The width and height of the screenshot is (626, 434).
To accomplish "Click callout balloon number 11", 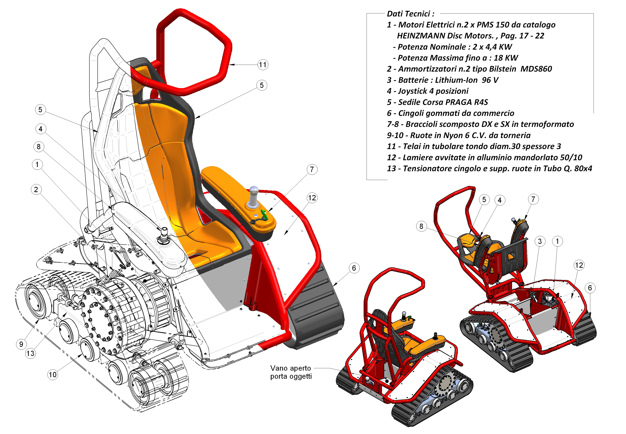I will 263,65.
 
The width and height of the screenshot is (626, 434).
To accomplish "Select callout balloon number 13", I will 30,353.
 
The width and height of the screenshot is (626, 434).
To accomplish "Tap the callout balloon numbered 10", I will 53,375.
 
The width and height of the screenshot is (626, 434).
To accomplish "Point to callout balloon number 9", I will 21,344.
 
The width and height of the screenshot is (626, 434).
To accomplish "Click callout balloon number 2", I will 36,190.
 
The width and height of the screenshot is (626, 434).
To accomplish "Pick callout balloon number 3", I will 540,241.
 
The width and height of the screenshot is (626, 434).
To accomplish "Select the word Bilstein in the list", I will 503,69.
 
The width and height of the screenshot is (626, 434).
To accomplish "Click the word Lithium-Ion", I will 456,80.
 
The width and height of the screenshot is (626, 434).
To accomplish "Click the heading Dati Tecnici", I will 410,14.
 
